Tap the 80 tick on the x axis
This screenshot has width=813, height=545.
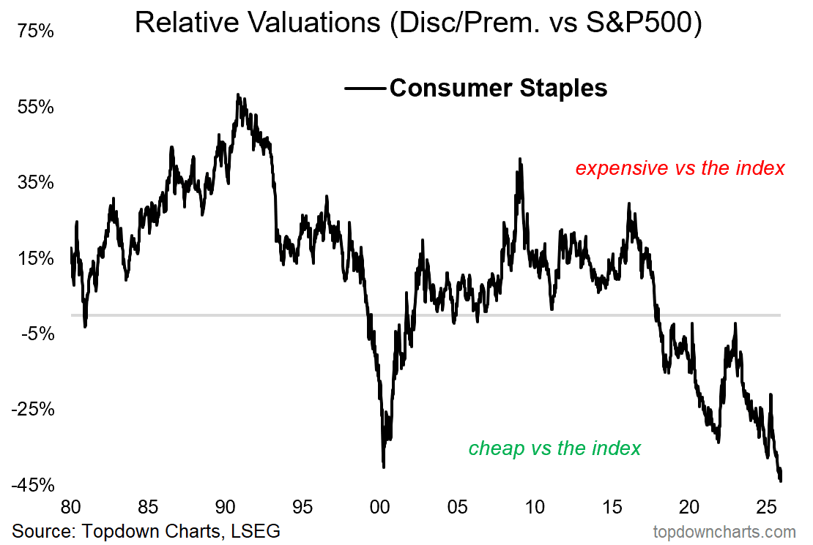pos(70,506)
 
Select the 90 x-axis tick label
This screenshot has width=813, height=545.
pos(225,506)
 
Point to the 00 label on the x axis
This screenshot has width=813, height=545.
pos(379,506)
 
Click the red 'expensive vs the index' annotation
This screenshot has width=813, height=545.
pos(680,168)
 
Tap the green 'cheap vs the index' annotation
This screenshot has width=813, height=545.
pos(554,448)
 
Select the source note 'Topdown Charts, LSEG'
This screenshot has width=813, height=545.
pos(146,530)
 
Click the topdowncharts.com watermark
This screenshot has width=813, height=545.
pos(724,532)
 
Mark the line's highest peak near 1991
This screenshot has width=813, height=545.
pos(237,94)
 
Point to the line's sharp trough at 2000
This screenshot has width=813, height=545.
pos(384,466)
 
